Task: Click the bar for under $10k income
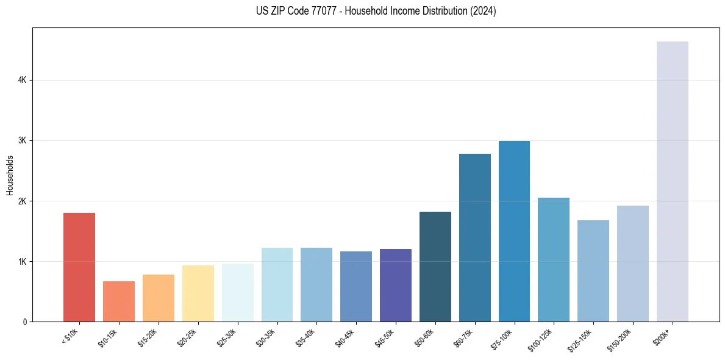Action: coord(79,267)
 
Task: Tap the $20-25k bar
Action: coord(198,293)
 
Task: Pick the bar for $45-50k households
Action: coord(395,285)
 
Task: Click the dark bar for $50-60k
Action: coord(435,267)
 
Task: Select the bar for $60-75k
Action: coord(474,237)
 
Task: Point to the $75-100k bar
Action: coord(514,231)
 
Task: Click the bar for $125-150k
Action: coord(593,271)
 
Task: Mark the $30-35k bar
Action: coord(277,284)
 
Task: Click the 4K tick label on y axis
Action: coord(23,80)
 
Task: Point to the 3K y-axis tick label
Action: coord(23,140)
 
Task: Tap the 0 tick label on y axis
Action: coord(24,322)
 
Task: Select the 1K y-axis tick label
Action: coord(23,261)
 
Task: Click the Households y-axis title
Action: coord(10,175)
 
